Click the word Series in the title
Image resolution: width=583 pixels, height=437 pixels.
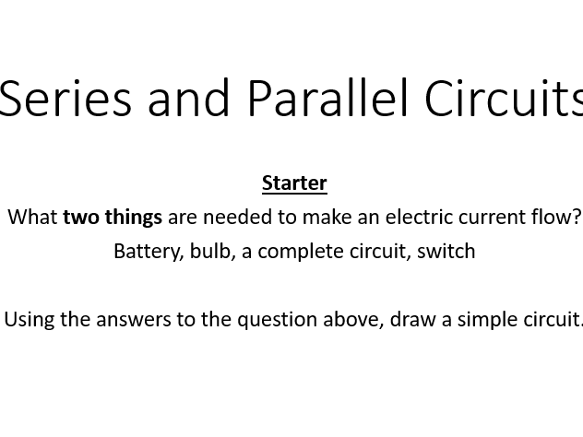(x=65, y=99)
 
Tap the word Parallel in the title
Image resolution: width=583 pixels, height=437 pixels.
(x=328, y=98)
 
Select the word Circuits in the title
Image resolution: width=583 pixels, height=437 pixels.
(x=504, y=98)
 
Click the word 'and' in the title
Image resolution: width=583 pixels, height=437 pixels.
(x=188, y=98)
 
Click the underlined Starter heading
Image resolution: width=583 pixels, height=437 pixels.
(x=294, y=183)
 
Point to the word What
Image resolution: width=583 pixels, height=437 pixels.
(x=32, y=217)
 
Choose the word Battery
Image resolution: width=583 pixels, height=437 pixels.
(x=149, y=252)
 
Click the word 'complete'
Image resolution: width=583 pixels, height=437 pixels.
(x=301, y=252)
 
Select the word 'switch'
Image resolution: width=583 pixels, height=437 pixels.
(x=446, y=251)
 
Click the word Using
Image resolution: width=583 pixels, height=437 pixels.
(x=29, y=320)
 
